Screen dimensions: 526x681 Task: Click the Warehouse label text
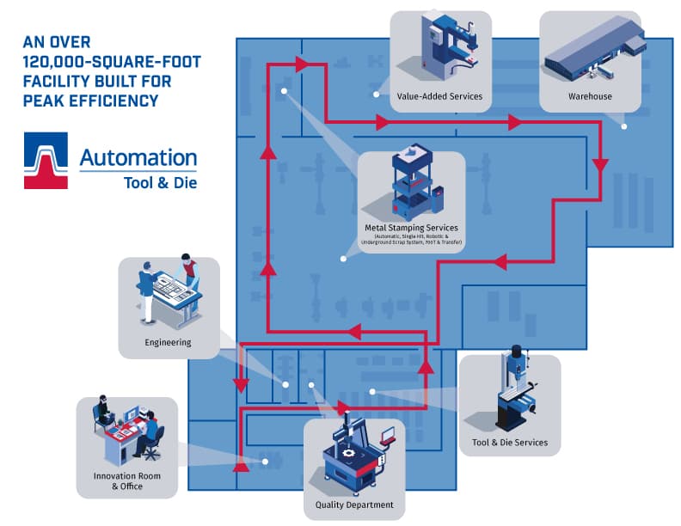pyautogui.click(x=590, y=96)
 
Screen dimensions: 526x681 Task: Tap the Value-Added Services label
pyautogui.click(x=439, y=96)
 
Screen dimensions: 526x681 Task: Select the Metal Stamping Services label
pyautogui.click(x=411, y=228)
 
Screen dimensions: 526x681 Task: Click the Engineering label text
pyautogui.click(x=168, y=342)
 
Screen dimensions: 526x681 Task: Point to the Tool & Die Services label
pyautogui.click(x=509, y=443)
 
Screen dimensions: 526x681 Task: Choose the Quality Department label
pyautogui.click(x=354, y=505)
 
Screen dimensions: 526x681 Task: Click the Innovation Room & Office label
pyautogui.click(x=126, y=481)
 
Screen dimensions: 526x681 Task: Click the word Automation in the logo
pyautogui.click(x=138, y=157)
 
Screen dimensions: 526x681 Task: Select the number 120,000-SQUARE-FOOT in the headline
pyautogui.click(x=100, y=61)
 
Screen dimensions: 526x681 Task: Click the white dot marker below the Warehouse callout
pyautogui.click(x=624, y=125)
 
